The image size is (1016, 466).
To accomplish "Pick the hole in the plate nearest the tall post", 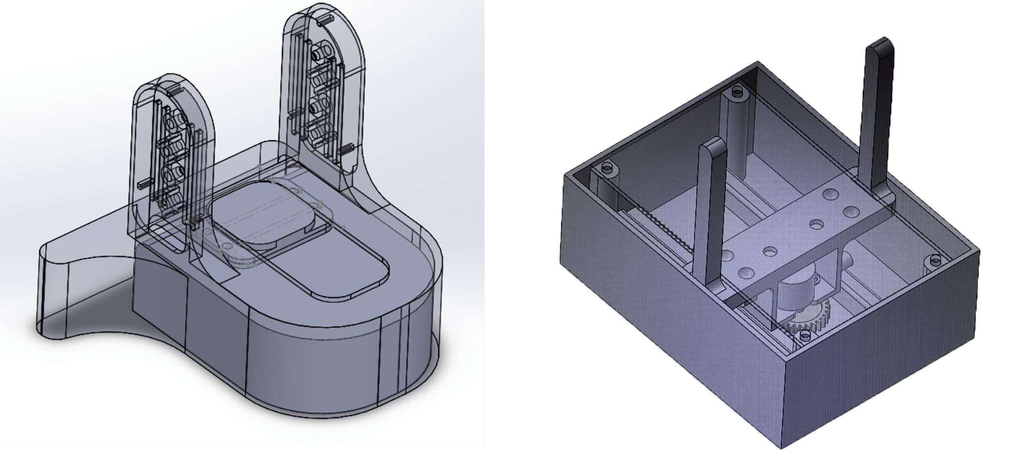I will coord(829,194).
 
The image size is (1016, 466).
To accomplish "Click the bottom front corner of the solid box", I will coord(782,446).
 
